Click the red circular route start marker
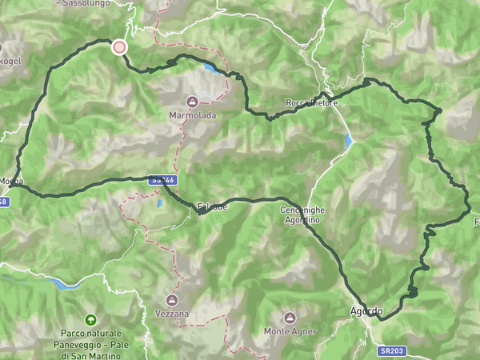119,47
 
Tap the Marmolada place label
193,115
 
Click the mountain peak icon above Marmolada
193,102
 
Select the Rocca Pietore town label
312,103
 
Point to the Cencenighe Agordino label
300,214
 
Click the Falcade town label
212,206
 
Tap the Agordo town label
366,310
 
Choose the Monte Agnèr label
290,331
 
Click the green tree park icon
90,319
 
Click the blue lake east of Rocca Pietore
349,142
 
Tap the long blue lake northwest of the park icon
63,283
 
